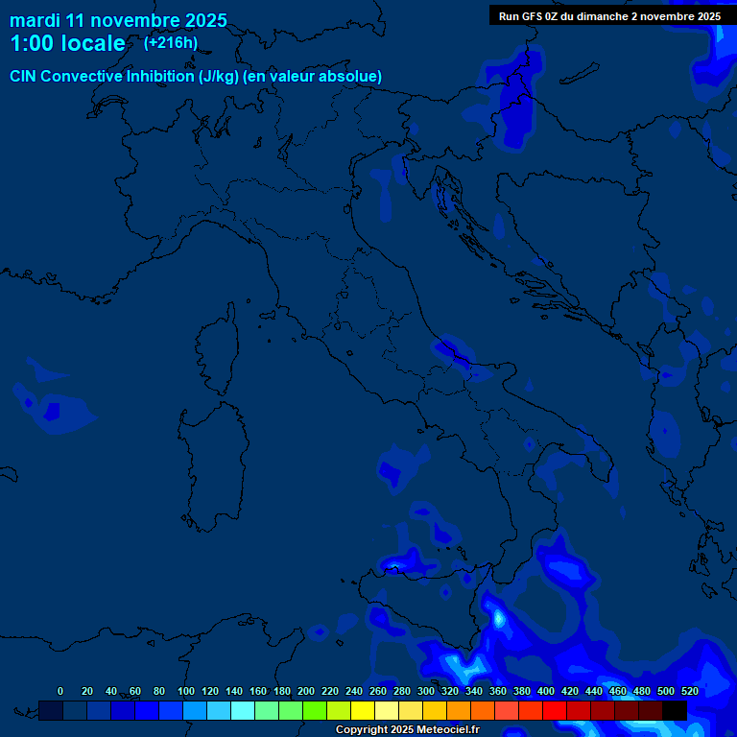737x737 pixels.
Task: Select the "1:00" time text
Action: point(30,43)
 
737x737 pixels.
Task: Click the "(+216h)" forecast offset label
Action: point(171,42)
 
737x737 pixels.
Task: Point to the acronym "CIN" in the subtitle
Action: point(25,77)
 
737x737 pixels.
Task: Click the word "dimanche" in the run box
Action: point(596,16)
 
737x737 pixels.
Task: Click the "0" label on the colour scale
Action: point(60,691)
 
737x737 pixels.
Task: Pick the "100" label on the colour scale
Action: point(186,691)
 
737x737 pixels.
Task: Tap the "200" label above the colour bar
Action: point(306,691)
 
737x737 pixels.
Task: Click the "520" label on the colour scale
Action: point(689,691)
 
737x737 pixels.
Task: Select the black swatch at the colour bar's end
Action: point(674,710)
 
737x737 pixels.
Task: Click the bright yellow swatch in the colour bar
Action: point(362,710)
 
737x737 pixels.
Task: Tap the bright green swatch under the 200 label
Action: point(314,710)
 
